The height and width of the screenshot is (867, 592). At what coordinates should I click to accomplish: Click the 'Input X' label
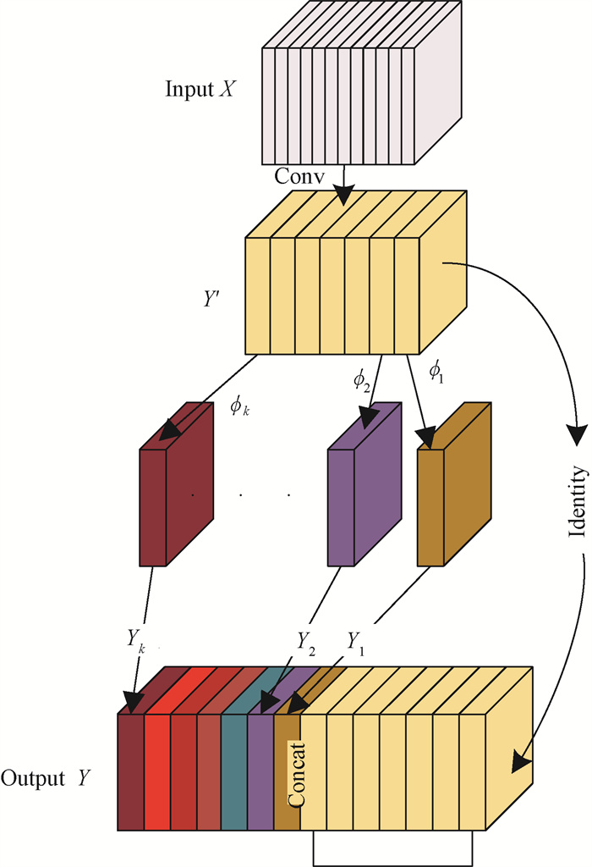200,90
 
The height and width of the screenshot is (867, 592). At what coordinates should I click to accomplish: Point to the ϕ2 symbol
361,377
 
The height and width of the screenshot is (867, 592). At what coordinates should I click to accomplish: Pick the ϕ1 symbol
436,370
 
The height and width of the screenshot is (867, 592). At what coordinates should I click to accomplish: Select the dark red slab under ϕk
152,507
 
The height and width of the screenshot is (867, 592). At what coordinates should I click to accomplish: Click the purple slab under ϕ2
340,507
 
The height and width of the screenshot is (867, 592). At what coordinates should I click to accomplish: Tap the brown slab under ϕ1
430,507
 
